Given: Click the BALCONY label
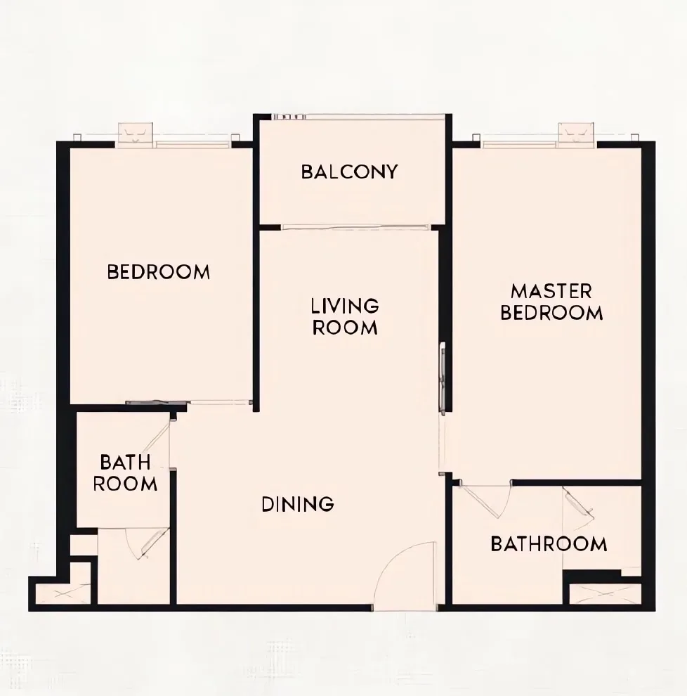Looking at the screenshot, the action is (x=350, y=172).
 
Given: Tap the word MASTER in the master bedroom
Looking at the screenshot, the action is (x=551, y=292).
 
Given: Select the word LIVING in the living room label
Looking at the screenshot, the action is (x=345, y=306).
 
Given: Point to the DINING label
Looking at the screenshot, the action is (x=298, y=504).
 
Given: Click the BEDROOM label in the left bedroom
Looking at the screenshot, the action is (x=158, y=271).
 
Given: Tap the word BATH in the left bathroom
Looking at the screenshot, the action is (x=126, y=462).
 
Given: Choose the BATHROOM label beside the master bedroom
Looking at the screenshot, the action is (x=549, y=543).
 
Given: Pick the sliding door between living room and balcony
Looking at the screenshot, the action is (x=355, y=228).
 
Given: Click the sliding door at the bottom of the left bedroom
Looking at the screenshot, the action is (x=188, y=403).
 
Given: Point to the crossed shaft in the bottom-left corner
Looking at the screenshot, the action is (x=63, y=594).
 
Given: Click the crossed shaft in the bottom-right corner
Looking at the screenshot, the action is (x=606, y=594).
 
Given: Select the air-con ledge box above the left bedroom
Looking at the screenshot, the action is (x=136, y=133).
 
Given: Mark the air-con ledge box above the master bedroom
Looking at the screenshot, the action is (x=576, y=133).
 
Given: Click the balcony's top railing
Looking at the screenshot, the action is (x=358, y=117).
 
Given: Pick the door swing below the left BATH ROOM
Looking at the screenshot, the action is (x=146, y=543).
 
